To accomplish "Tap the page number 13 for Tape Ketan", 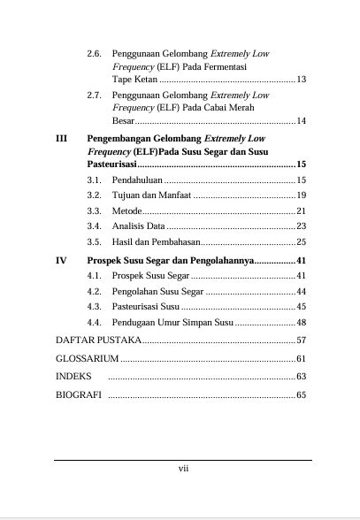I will tap(301, 80).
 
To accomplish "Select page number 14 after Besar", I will tap(301, 120).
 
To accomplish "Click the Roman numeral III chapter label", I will tap(61, 139).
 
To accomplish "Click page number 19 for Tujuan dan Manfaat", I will tap(301, 195).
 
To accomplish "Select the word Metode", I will tap(126, 210).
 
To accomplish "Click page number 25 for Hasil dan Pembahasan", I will tap(301, 241).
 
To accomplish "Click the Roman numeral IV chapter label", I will tap(61, 261).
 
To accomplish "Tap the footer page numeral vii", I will tap(181, 470).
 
